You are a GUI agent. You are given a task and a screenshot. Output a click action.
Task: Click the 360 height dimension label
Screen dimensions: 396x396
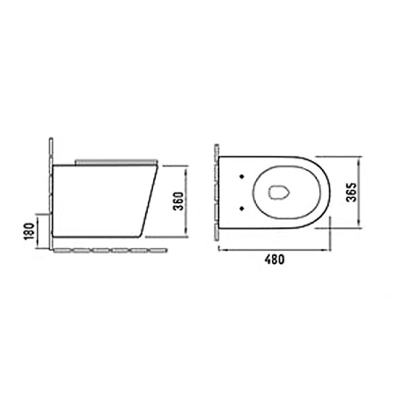(x=179, y=202)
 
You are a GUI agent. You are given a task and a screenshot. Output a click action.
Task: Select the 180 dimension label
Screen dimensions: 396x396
(x=29, y=231)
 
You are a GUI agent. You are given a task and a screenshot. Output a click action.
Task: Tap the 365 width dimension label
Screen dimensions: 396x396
(x=351, y=192)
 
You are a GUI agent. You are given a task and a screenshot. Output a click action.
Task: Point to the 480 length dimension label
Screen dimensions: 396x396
(x=275, y=260)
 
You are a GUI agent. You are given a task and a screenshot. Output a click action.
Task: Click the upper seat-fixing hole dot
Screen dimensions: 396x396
(x=242, y=176)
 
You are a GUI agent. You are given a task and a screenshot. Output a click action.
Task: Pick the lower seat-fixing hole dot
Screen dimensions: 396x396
(x=242, y=208)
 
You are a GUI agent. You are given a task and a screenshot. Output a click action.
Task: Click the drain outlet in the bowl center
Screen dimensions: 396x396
(x=279, y=193)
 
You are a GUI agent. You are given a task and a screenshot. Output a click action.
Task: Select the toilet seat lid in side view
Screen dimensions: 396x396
(x=116, y=162)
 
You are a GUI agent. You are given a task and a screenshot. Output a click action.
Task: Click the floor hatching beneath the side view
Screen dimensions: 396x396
(x=111, y=251)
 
